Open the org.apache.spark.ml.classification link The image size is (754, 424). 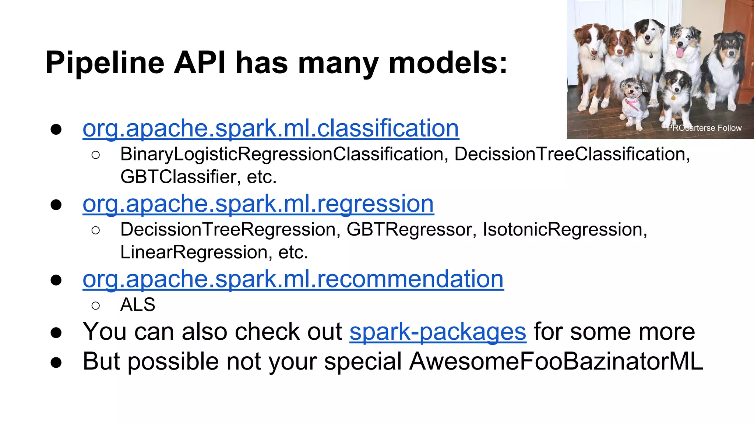(271, 128)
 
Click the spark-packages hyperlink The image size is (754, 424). (438, 332)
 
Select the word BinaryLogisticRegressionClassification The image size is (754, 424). (282, 154)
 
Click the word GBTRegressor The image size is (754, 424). (409, 230)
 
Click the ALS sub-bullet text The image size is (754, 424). (138, 305)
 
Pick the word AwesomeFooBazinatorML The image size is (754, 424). (556, 361)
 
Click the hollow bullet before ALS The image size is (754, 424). (95, 305)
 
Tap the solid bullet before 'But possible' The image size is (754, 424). (56, 362)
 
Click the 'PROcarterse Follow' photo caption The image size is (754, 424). (704, 128)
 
